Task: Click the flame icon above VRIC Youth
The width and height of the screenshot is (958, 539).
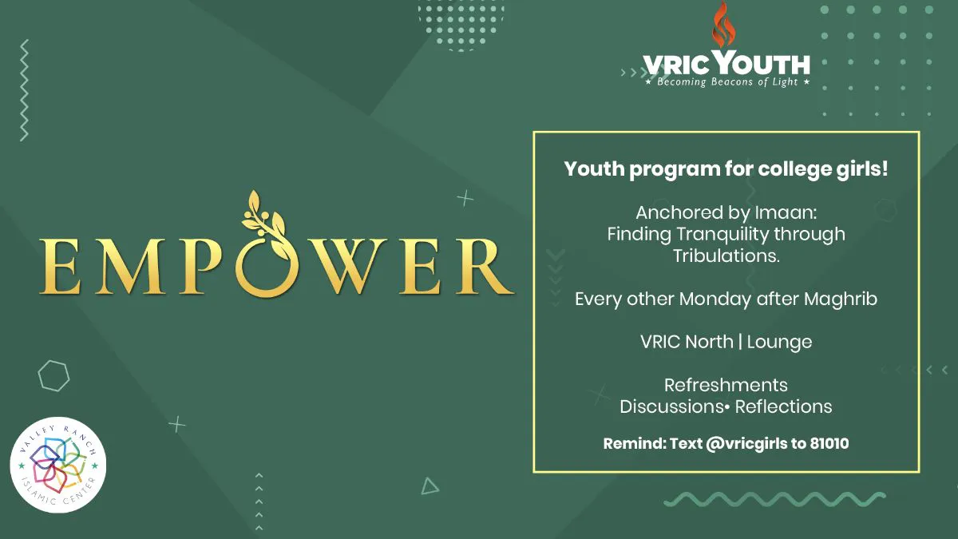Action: coord(723,25)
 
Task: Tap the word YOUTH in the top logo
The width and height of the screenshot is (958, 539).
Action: coord(762,63)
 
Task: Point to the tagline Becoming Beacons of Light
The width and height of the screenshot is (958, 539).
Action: coord(727,81)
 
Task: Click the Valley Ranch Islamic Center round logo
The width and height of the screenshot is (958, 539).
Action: coord(58,465)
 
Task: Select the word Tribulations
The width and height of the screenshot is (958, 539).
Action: coord(726,256)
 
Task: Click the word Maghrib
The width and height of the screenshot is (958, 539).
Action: coord(841,299)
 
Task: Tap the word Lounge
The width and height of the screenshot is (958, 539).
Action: coord(779,343)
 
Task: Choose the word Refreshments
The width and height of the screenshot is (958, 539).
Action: coord(726,385)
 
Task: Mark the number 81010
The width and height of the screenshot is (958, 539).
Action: coord(829,443)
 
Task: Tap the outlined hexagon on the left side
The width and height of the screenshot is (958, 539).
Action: coord(53,376)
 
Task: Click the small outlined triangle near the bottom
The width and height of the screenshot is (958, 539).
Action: coord(430,486)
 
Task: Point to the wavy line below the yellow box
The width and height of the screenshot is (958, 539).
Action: coord(774,499)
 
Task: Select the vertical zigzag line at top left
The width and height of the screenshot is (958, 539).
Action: coord(25,90)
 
